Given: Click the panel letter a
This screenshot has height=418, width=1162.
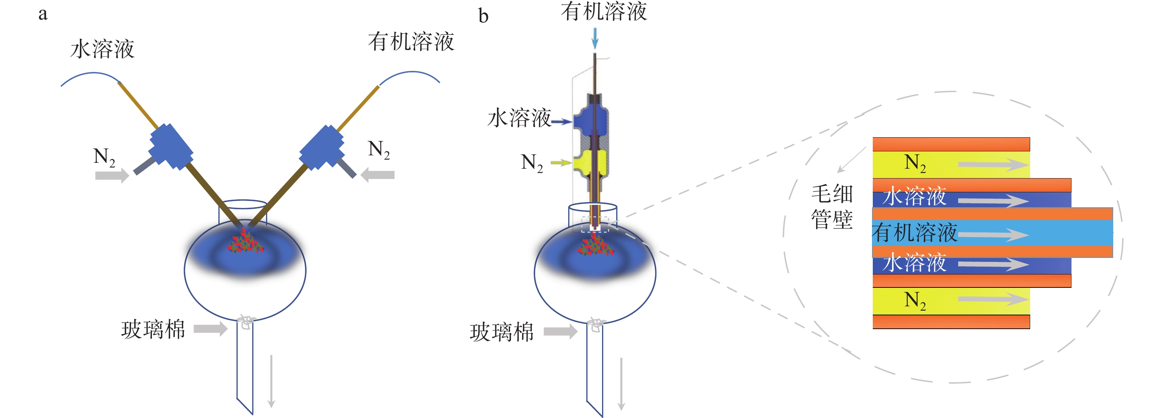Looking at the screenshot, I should pyautogui.click(x=43, y=14).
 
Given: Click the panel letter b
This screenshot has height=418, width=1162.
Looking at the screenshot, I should pyautogui.click(x=483, y=16).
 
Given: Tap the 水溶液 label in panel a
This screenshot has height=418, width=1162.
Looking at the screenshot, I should pyautogui.click(x=102, y=49).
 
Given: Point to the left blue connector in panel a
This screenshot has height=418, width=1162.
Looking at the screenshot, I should pyautogui.click(x=170, y=147).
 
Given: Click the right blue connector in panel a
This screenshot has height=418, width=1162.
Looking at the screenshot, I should pyautogui.click(x=321, y=147).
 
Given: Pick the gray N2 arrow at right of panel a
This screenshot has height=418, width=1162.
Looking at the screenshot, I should pyautogui.click(x=378, y=175).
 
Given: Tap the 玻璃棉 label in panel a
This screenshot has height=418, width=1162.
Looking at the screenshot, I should pyautogui.click(x=153, y=330).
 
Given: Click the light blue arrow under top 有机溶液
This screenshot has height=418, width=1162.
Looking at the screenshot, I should pyautogui.click(x=595, y=38).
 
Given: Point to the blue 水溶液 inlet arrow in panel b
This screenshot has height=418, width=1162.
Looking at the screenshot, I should pyautogui.click(x=562, y=121).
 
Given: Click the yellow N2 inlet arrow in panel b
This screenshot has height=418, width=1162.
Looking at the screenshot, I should pyautogui.click(x=561, y=162).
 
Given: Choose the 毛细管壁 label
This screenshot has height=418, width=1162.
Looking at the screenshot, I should pyautogui.click(x=832, y=207).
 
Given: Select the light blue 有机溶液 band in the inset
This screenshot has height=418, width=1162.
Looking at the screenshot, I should pyautogui.click(x=992, y=233).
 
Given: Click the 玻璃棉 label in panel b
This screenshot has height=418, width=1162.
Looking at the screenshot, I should pyautogui.click(x=502, y=332).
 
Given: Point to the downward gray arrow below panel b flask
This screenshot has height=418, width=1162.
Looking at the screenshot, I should pyautogui.click(x=621, y=383).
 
